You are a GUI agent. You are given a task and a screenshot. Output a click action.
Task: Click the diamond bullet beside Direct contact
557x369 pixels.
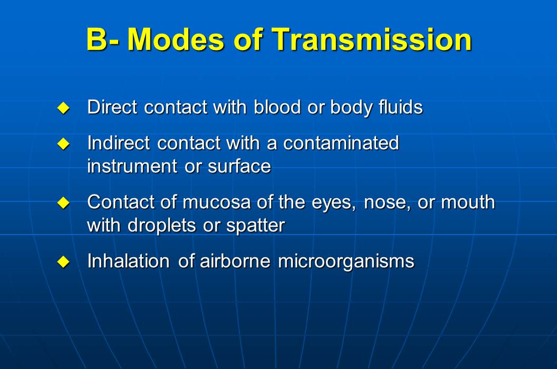tap(63, 109)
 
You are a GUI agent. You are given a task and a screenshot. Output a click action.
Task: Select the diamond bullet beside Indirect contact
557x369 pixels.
tap(63, 144)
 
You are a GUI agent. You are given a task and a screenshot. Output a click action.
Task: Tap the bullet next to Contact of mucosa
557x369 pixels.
tap(63, 203)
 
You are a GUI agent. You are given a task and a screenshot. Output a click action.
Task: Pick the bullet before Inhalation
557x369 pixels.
tap(63, 262)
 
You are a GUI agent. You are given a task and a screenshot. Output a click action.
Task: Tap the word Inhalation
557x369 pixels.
tap(128, 261)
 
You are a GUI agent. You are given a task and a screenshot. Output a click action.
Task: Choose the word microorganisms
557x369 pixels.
tap(346, 261)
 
